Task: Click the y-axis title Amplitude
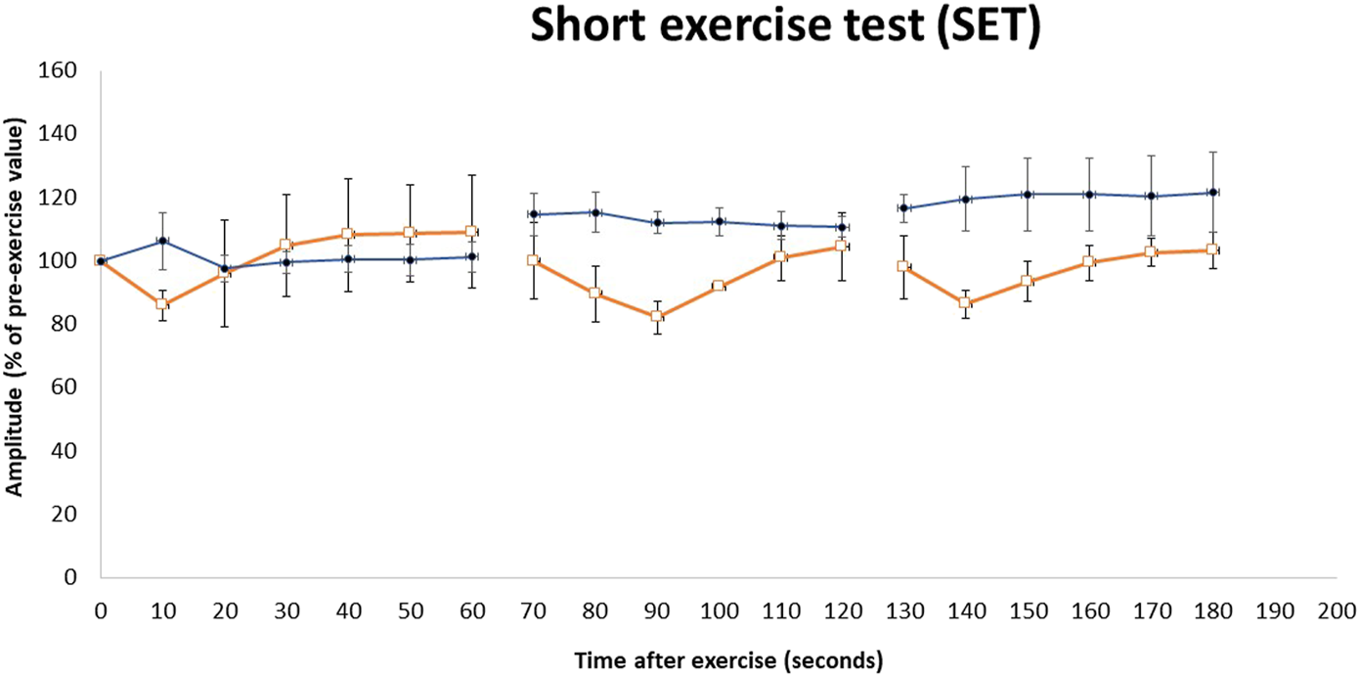[16, 309]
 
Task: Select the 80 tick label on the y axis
[66, 324]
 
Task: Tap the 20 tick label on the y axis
[66, 514]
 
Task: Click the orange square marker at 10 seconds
[162, 304]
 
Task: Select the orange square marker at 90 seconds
[657, 316]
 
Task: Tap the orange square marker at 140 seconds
[965, 303]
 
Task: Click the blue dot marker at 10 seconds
[162, 241]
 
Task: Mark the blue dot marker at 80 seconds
[594, 212]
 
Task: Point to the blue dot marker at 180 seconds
[1212, 193]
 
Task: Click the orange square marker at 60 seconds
[471, 232]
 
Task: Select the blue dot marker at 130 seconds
[903, 208]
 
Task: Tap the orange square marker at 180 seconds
[1212, 249]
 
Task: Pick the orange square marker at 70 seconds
[533, 260]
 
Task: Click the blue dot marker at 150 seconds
[1027, 195]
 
